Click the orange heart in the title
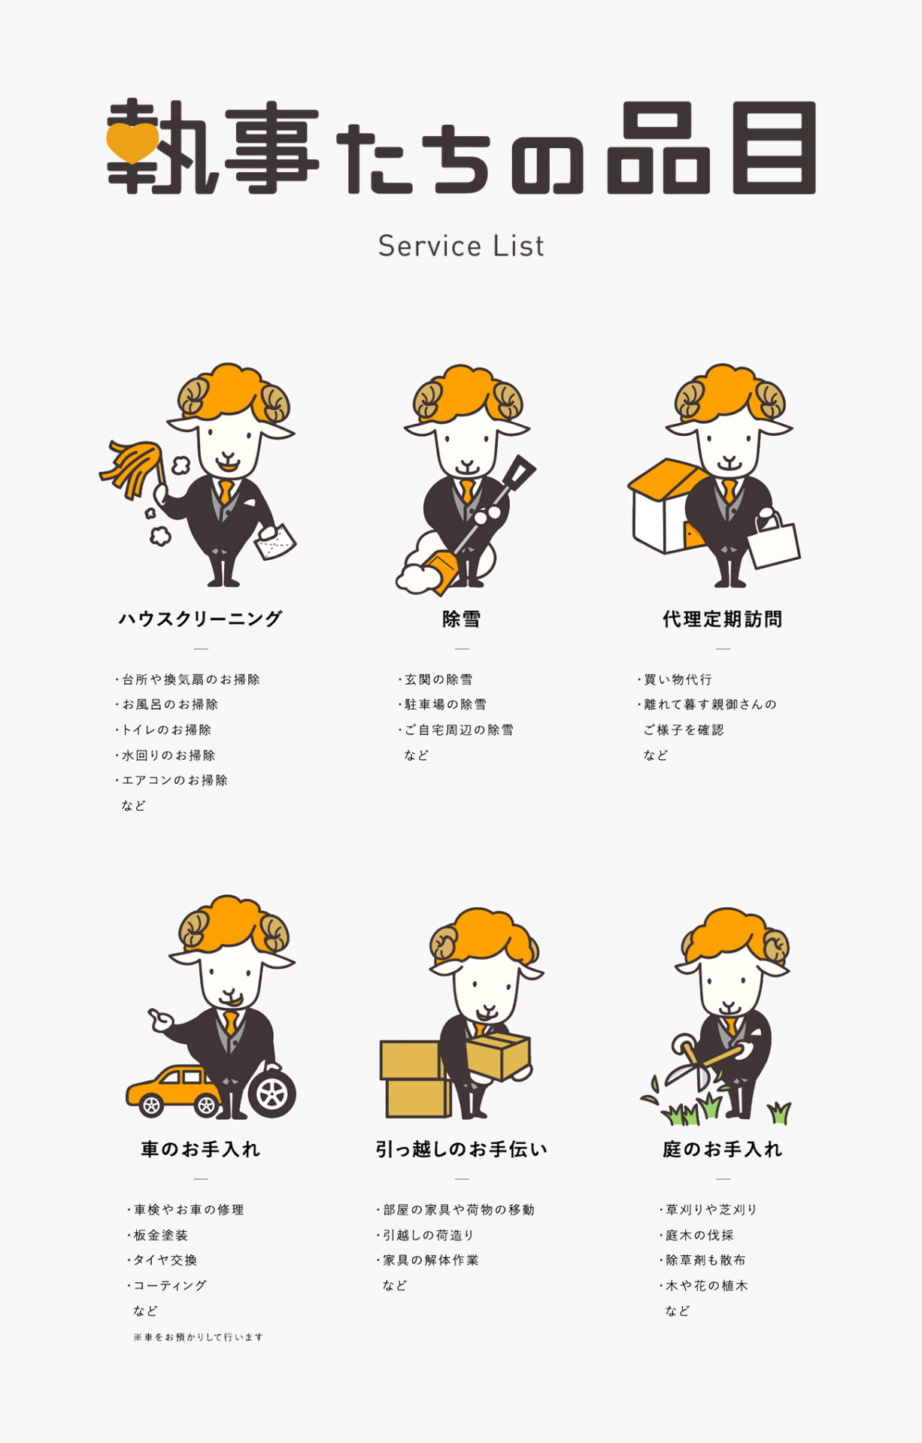(x=132, y=142)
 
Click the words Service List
(x=461, y=246)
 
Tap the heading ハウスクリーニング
(x=201, y=619)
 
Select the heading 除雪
(x=461, y=619)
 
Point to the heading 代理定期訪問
(x=723, y=619)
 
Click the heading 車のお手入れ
(x=201, y=1149)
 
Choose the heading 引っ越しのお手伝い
(x=462, y=1149)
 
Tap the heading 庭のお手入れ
(x=723, y=1149)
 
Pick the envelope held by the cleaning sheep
(x=275, y=541)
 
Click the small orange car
(x=174, y=1091)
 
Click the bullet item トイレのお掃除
(x=163, y=730)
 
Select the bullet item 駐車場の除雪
(x=442, y=704)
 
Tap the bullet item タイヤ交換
(x=162, y=1260)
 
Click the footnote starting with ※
(x=198, y=1337)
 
